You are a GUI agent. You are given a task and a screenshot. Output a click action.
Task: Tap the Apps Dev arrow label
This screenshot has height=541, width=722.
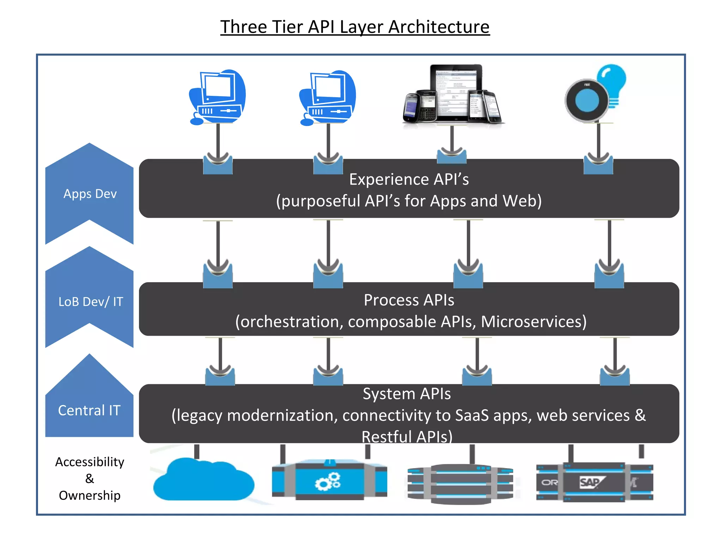pyautogui.click(x=90, y=194)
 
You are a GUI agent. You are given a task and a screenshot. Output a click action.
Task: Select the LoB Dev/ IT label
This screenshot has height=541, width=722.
pyautogui.click(x=91, y=301)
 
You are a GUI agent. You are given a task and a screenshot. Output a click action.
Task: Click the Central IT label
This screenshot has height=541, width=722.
pyautogui.click(x=89, y=410)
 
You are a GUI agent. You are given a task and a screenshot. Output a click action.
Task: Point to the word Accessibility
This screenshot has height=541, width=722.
pyautogui.click(x=90, y=462)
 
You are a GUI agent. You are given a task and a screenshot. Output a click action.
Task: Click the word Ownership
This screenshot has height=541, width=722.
pyautogui.click(x=90, y=495)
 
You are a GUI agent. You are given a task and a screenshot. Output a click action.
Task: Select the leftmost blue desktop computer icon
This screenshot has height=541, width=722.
pyautogui.click(x=217, y=97)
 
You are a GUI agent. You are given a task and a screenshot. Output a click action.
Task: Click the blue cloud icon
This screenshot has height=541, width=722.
pyautogui.click(x=203, y=481)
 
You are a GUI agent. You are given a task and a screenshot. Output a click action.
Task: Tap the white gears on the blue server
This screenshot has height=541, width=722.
pyautogui.click(x=328, y=482)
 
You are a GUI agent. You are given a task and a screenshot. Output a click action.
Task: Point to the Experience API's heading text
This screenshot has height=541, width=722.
pyautogui.click(x=409, y=179)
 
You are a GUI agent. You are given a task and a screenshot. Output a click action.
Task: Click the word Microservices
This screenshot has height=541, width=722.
pyautogui.click(x=533, y=322)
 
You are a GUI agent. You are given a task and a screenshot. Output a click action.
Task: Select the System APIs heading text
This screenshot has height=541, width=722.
pyautogui.click(x=407, y=394)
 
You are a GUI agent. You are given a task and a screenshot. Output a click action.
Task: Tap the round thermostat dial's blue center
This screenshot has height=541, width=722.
pyautogui.click(x=587, y=100)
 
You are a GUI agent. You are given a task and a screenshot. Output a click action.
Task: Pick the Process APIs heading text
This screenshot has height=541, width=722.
pyautogui.click(x=409, y=300)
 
